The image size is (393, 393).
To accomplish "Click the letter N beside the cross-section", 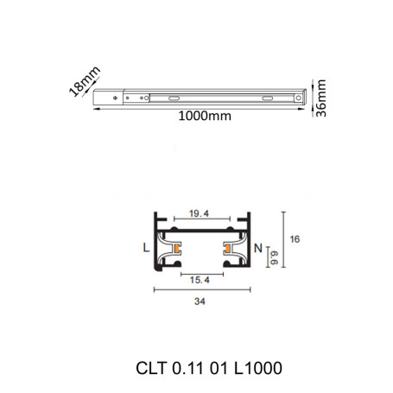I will click(x=258, y=248).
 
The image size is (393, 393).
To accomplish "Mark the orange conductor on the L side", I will click(x=176, y=251).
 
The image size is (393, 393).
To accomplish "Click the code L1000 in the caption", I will click(x=256, y=366).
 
